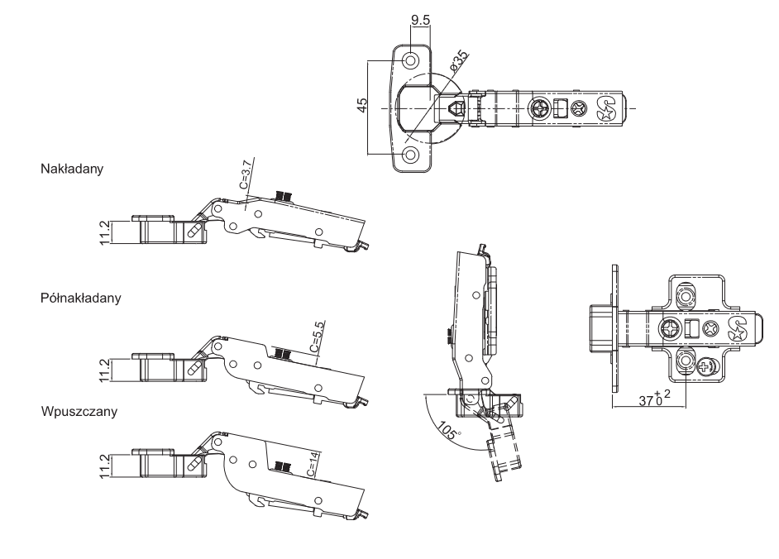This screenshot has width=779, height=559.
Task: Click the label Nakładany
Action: click(x=72, y=169)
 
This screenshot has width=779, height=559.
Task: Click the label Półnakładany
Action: click(x=81, y=299)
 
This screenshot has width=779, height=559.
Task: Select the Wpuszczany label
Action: click(x=79, y=412)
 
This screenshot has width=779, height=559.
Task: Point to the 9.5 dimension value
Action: click(x=420, y=20)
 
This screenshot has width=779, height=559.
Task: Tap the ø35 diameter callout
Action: click(x=459, y=61)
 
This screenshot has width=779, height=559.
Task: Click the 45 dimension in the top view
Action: click(x=363, y=105)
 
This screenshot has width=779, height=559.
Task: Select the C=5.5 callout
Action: click(x=317, y=337)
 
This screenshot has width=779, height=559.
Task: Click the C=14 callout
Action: click(x=313, y=464)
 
